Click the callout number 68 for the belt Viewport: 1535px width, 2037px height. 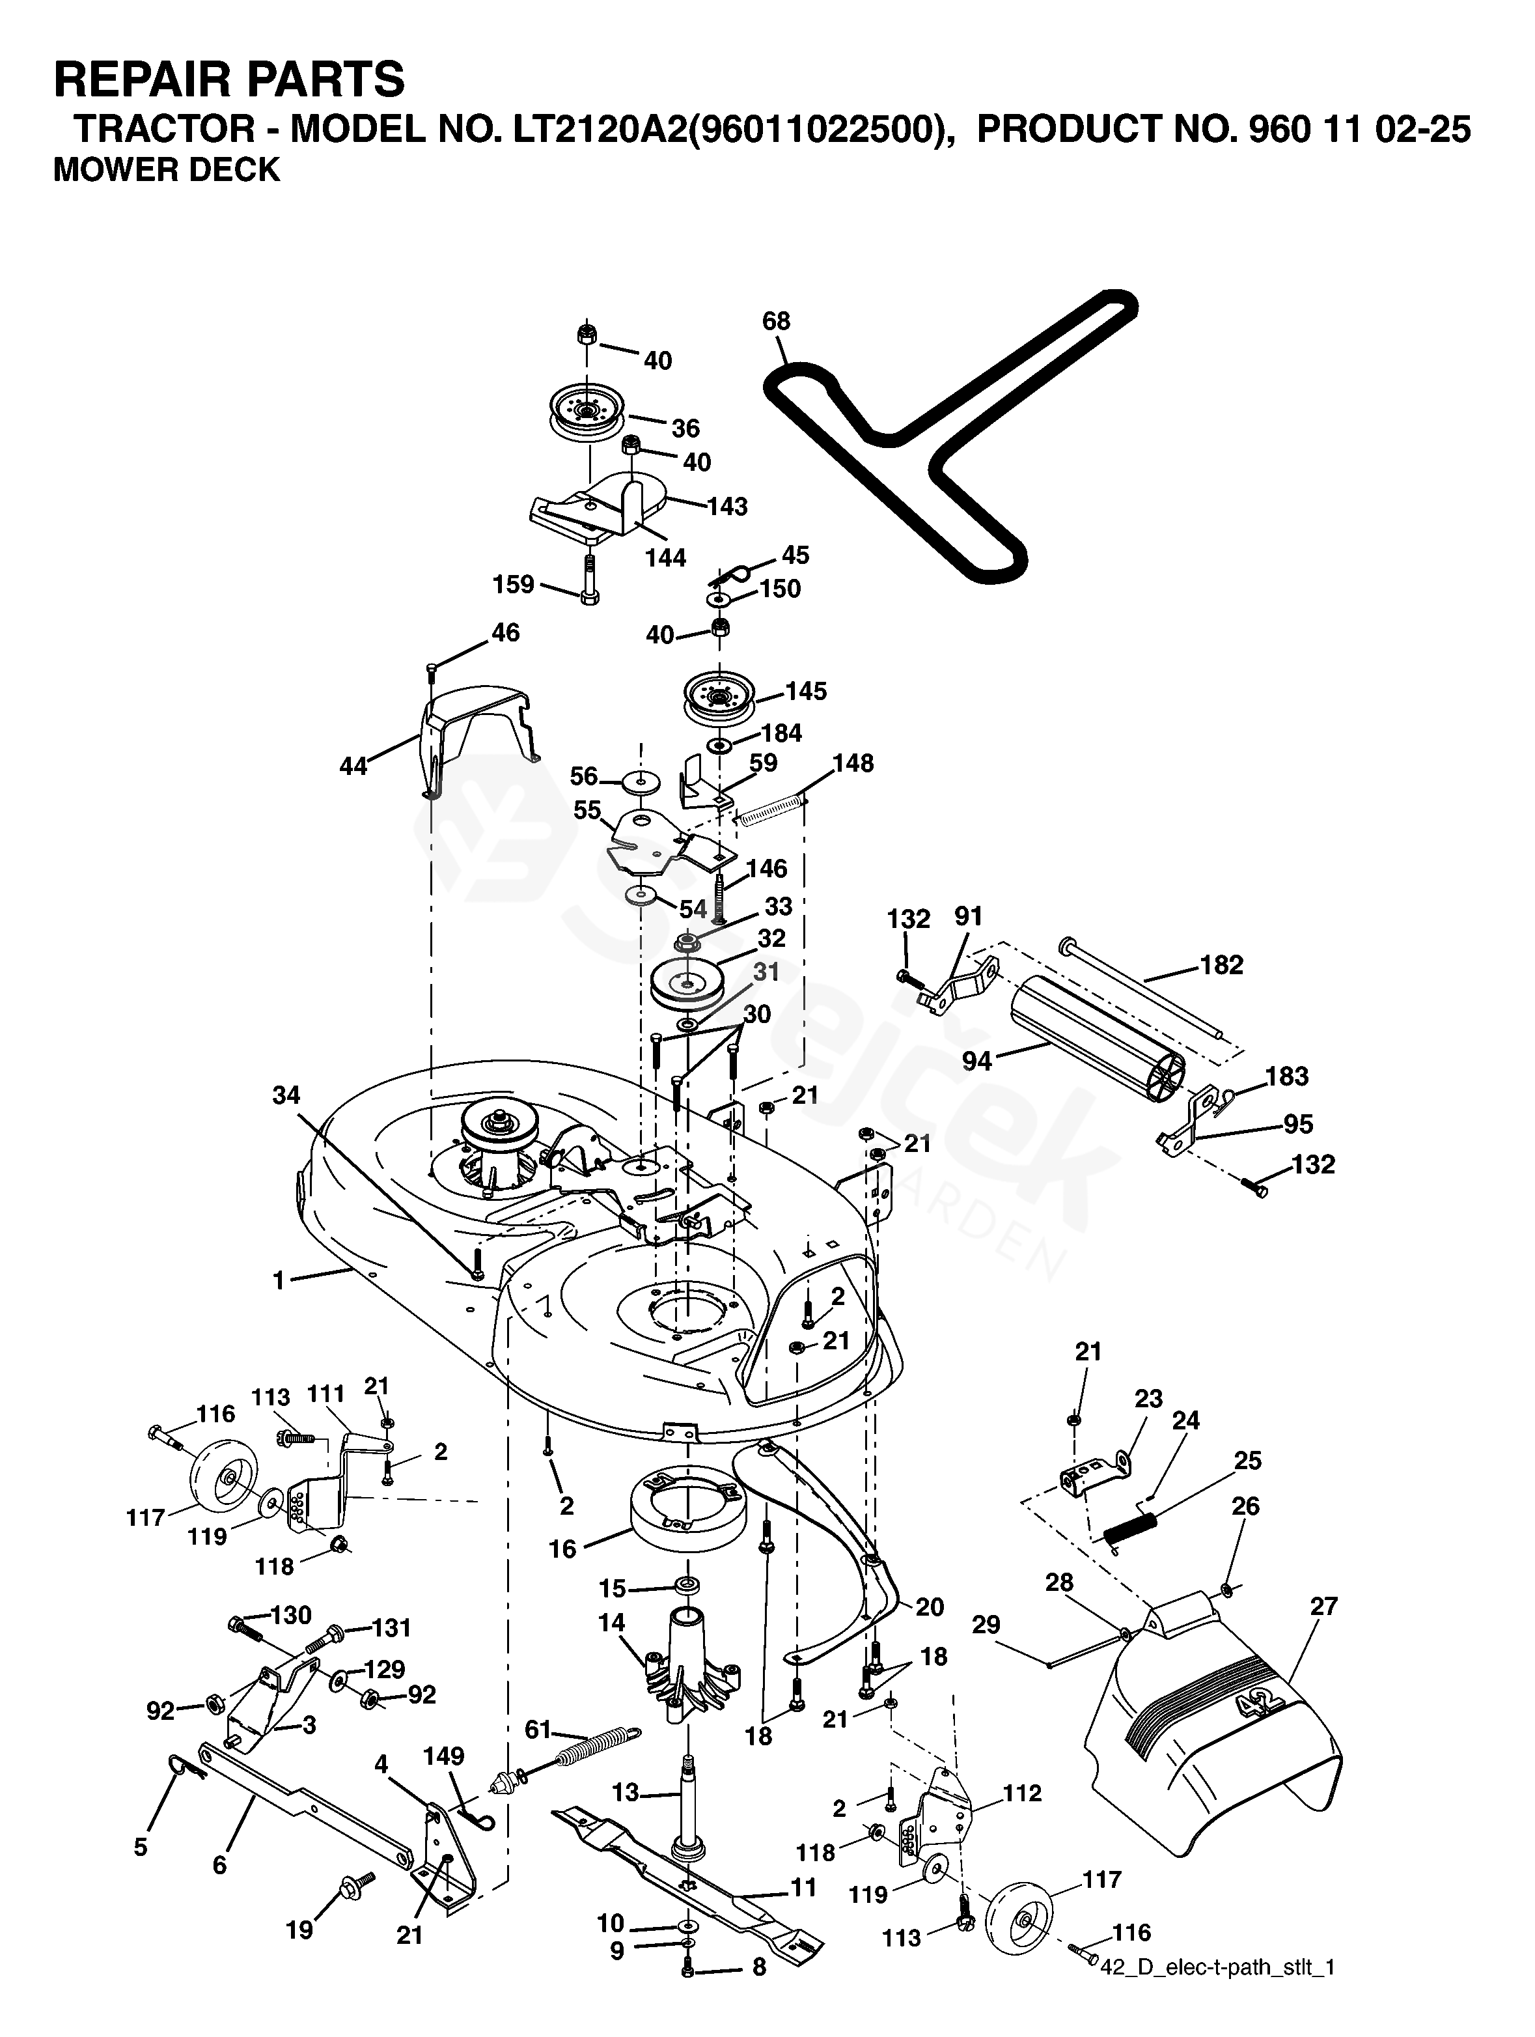[x=775, y=322]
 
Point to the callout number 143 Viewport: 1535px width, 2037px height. [x=727, y=507]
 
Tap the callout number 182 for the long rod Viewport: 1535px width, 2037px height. [x=1221, y=965]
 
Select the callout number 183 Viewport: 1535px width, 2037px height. [x=1286, y=1076]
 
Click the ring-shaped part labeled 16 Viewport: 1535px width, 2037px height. [x=686, y=1514]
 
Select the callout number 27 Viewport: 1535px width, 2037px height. [x=1323, y=1606]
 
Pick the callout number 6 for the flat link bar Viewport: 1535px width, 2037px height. [x=219, y=1866]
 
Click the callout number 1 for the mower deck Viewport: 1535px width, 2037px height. [x=278, y=1280]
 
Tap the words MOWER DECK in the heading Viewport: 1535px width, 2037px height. [x=167, y=171]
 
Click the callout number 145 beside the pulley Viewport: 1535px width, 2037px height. [x=806, y=691]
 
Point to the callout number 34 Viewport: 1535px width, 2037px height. [x=286, y=1095]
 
